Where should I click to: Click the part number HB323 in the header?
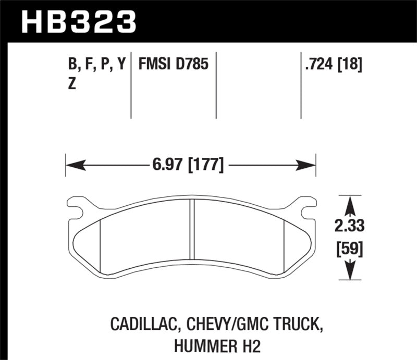pyautogui.click(x=78, y=22)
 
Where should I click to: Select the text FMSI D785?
pyautogui.click(x=173, y=65)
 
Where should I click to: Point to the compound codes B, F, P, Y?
pyautogui.click(x=97, y=65)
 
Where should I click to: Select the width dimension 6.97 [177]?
pyautogui.click(x=190, y=166)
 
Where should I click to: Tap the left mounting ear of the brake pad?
pyautogui.click(x=77, y=207)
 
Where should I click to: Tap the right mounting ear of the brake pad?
pyautogui.click(x=305, y=207)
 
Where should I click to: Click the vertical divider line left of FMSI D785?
pyautogui.click(x=130, y=86)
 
